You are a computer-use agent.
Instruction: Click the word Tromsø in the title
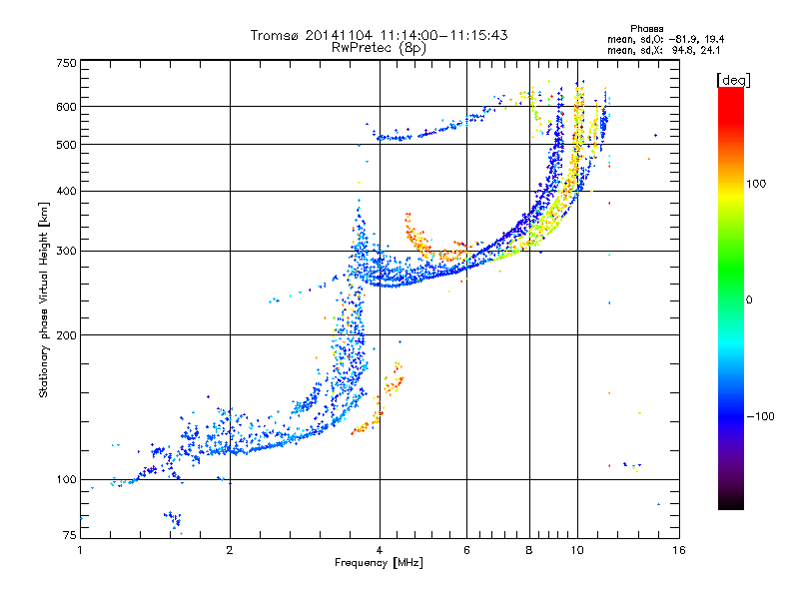coord(276,35)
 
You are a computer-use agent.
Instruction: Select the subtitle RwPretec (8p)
coord(379,48)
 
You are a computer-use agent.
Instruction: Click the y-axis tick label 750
coord(67,63)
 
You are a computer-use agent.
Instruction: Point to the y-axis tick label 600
coord(67,107)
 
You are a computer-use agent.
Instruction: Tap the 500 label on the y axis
coord(67,145)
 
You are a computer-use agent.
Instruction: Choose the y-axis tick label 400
coord(67,192)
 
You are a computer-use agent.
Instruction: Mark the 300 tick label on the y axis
coord(67,252)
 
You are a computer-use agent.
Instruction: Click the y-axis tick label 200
coord(67,335)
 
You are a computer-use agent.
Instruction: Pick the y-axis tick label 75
coord(70,535)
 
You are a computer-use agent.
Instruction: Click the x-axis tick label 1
coord(80,550)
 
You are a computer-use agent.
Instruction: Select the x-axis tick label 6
coord(466,550)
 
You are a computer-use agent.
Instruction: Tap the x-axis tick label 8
coord(529,550)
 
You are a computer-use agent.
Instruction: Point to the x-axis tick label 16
coord(679,550)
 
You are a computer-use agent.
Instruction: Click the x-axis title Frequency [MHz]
coord(379,563)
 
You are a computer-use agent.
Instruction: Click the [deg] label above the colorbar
coord(733,80)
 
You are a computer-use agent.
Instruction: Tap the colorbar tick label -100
coord(760,416)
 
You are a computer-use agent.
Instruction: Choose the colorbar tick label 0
coord(749,300)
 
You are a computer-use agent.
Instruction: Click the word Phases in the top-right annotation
coord(646,29)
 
